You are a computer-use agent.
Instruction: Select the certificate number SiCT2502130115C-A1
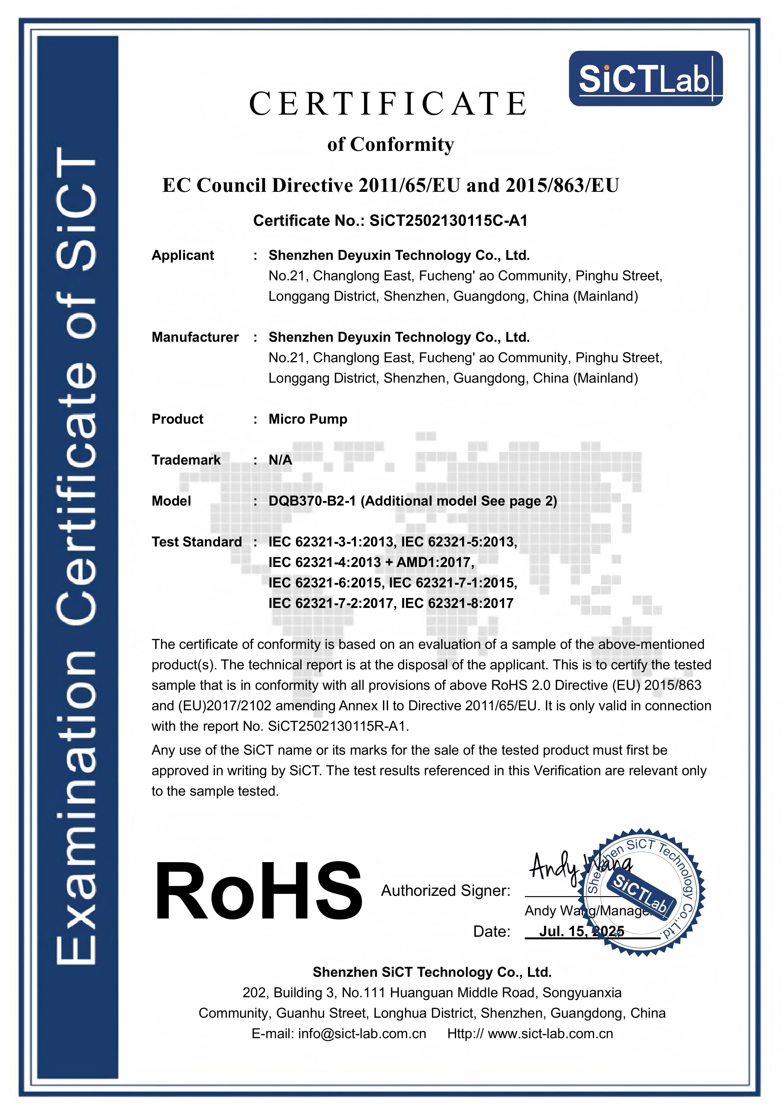click(448, 220)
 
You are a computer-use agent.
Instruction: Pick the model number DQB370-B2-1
click(312, 501)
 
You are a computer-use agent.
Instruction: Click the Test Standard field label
click(196, 542)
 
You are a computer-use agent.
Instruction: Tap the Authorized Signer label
click(445, 891)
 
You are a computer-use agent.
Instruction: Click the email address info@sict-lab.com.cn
click(362, 1034)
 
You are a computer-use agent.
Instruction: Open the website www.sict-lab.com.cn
click(550, 1034)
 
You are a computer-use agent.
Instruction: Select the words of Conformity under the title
click(391, 144)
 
